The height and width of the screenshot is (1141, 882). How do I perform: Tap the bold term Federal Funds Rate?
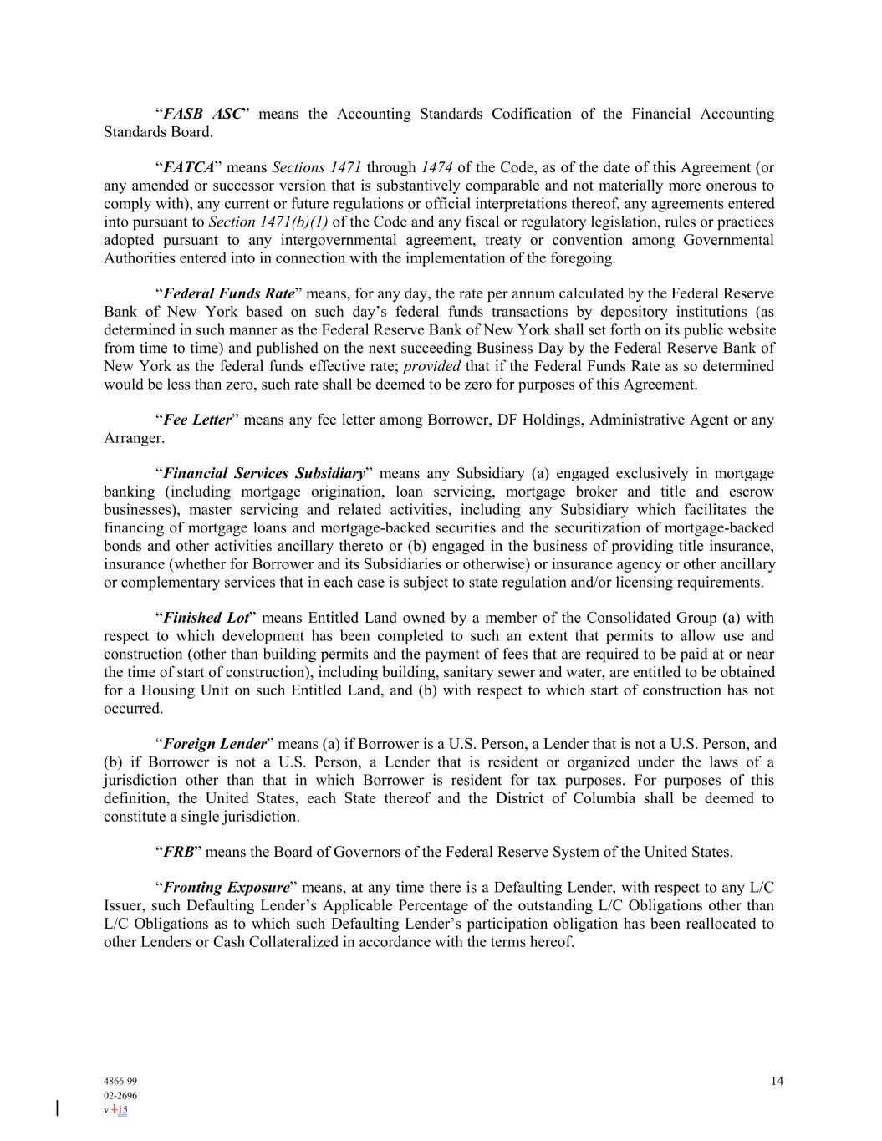coord(229,293)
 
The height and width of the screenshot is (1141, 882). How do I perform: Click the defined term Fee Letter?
coord(196,420)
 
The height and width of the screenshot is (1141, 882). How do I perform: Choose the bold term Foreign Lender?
coord(215,744)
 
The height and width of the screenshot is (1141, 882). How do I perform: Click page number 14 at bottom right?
coord(777,1081)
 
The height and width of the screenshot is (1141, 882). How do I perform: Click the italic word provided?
coord(432,366)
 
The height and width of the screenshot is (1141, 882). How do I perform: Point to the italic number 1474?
coord(436,167)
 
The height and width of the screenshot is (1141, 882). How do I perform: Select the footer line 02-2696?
coord(120,1095)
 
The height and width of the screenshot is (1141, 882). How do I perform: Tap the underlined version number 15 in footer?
coord(122,1110)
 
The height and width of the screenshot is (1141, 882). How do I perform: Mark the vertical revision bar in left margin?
coord(57,1108)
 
